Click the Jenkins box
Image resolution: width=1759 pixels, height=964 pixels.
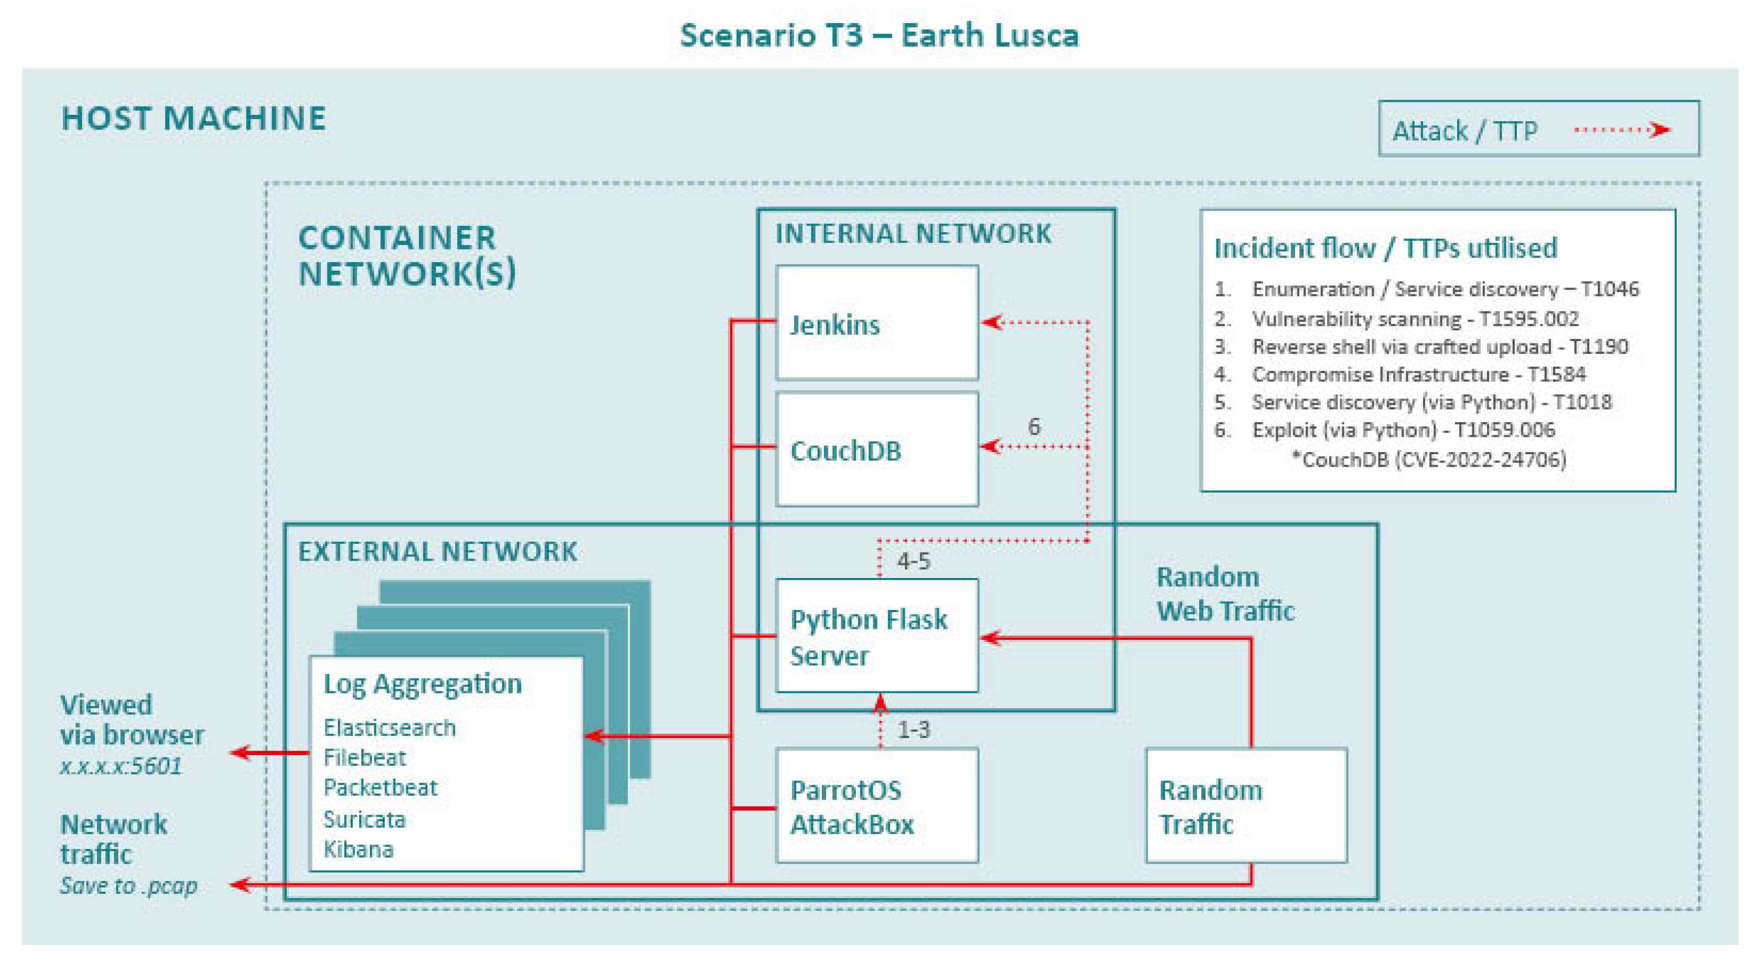pyautogui.click(x=877, y=323)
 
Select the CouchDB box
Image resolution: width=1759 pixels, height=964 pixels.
pyautogui.click(x=877, y=449)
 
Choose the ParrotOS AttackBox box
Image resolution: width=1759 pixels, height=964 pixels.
pyautogui.click(x=877, y=806)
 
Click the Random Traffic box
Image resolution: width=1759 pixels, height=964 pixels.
pyautogui.click(x=1246, y=806)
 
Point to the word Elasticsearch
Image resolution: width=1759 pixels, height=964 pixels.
pyautogui.click(x=389, y=729)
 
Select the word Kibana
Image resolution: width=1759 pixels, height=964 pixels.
pyautogui.click(x=359, y=849)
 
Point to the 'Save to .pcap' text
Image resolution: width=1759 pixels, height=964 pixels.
pyautogui.click(x=128, y=886)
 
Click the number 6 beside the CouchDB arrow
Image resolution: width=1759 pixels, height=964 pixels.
pyautogui.click(x=1034, y=427)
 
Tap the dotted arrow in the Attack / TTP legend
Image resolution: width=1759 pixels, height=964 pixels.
pyautogui.click(x=1622, y=130)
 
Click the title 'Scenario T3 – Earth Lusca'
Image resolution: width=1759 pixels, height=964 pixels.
pyautogui.click(x=879, y=36)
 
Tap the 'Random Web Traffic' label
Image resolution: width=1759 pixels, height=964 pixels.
pyautogui.click(x=1225, y=594)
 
